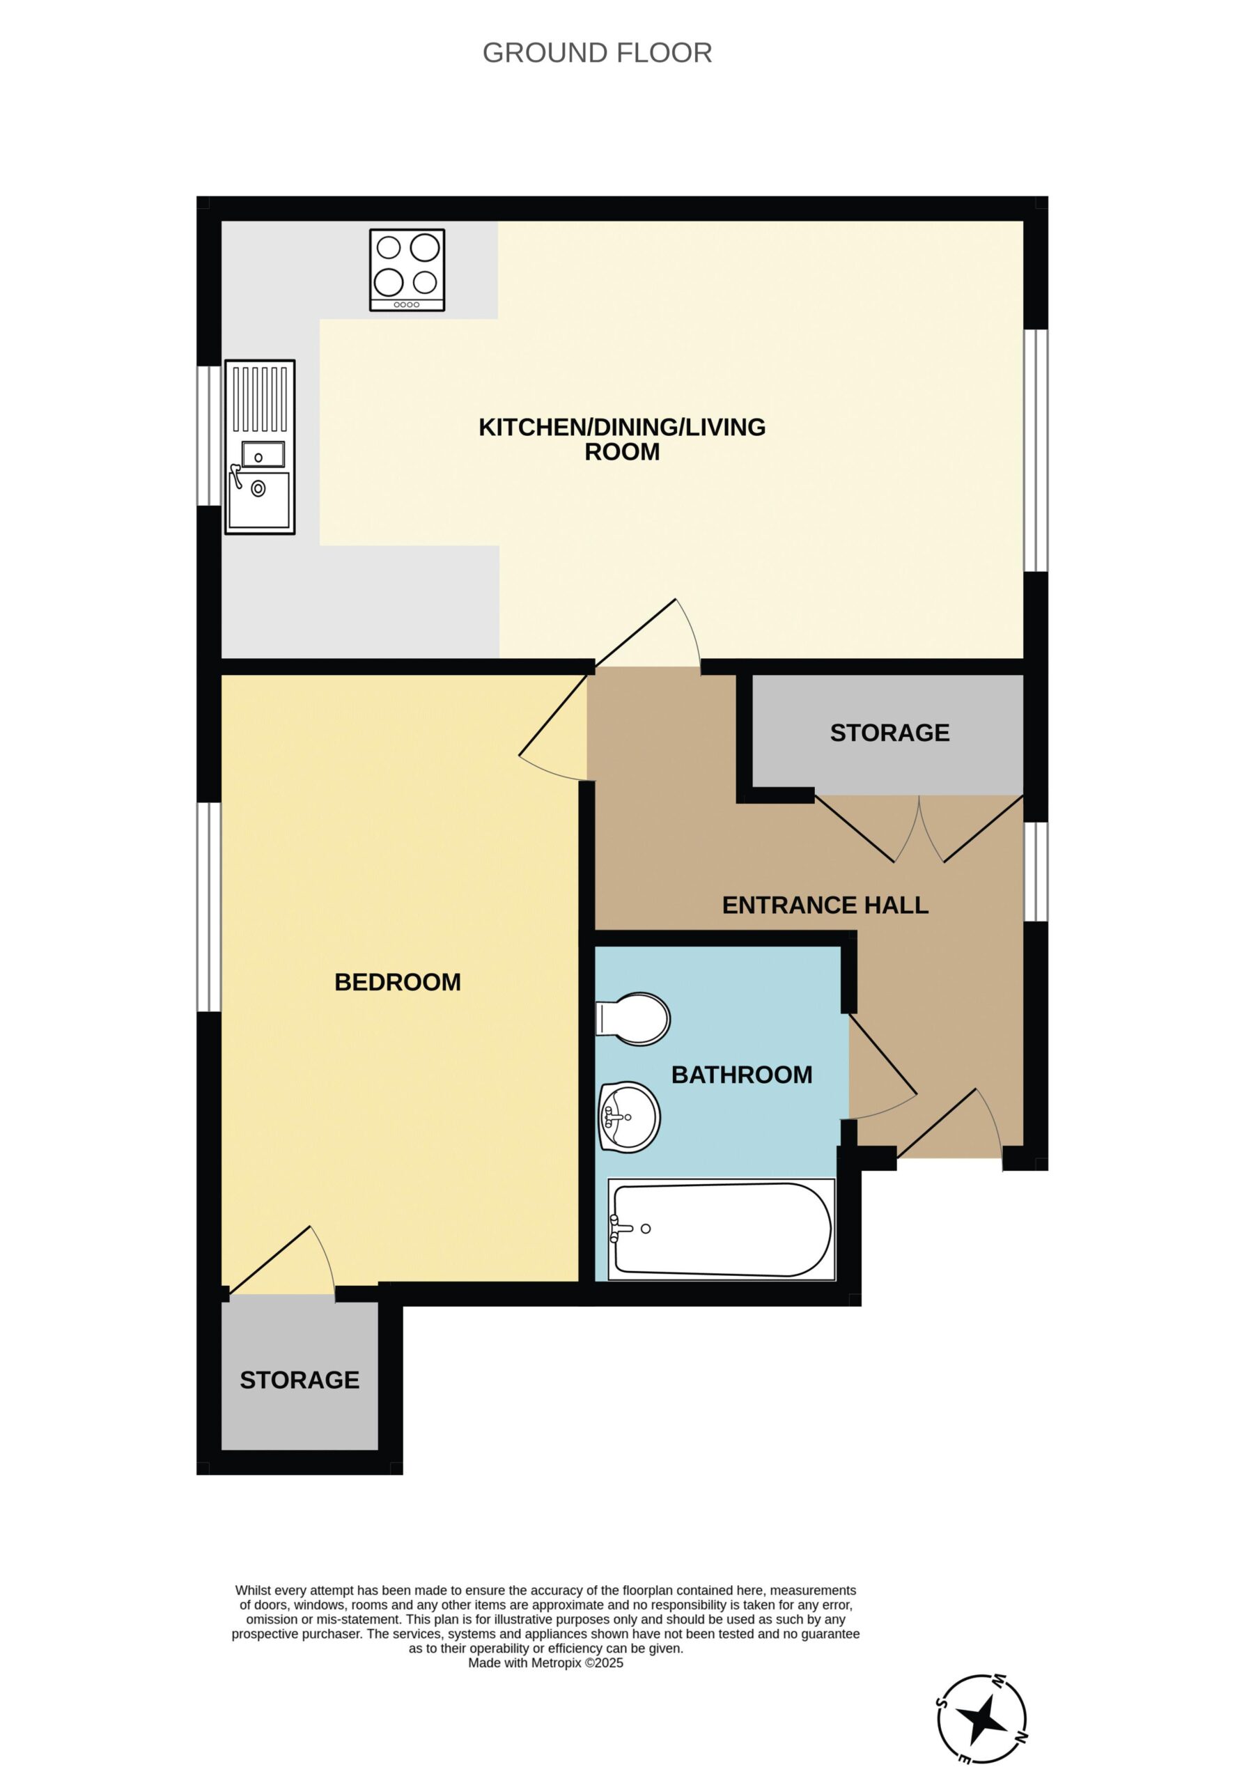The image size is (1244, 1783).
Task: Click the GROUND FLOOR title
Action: pos(596,53)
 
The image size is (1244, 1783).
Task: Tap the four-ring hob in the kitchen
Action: pos(407,270)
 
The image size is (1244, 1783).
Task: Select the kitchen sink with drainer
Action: pos(260,446)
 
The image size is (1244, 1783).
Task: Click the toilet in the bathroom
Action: pos(632,1018)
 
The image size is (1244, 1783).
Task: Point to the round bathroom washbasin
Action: pos(629,1116)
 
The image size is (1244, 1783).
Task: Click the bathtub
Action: pos(722,1229)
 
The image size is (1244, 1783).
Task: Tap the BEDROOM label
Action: pos(398,982)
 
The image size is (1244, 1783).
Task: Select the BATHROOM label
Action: pos(742,1075)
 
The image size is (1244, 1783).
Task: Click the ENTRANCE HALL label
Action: pos(825,905)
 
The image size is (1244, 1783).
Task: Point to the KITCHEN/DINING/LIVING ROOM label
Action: pos(622,439)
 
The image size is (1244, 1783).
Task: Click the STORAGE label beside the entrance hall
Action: pos(889,732)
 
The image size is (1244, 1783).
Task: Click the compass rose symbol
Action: pos(982,1718)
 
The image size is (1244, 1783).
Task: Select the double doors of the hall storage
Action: pos(919,829)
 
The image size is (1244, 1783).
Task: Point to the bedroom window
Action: pos(209,907)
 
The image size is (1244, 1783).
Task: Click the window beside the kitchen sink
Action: pos(209,436)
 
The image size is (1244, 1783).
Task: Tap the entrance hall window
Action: pos(1036,871)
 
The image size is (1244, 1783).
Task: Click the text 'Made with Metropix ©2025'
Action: pos(545,1663)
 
